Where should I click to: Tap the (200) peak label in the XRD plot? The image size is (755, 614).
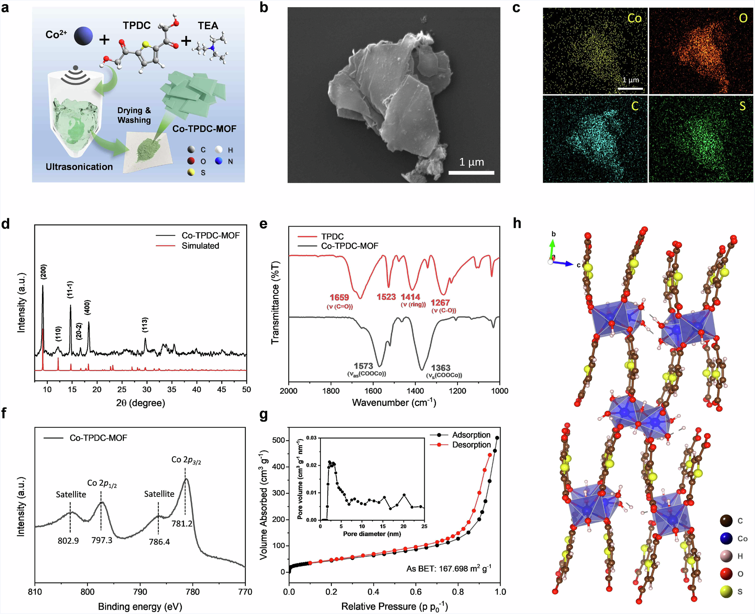pos(44,272)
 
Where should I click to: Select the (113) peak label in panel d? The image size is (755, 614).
pos(145,325)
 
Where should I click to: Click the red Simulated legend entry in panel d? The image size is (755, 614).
pos(200,246)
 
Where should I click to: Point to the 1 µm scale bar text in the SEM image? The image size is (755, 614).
pos(471,162)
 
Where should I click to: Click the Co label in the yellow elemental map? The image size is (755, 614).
pos(635,18)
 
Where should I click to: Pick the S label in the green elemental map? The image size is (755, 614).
pos(742,106)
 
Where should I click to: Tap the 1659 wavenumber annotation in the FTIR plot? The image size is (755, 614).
pos(339,298)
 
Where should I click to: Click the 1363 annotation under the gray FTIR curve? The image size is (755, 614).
pos(441,368)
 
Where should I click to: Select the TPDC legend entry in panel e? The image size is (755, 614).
pos(332,236)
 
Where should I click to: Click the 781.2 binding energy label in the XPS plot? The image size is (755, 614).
pos(182,523)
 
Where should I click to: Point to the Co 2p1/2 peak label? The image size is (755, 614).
pos(102,483)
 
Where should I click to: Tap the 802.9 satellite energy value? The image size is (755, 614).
pos(68,541)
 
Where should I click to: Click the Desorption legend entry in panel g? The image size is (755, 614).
pos(471,445)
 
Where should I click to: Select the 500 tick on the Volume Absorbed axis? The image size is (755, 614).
pos(279,440)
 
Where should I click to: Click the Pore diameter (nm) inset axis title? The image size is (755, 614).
pos(372,534)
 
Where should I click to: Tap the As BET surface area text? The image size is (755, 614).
pos(448,568)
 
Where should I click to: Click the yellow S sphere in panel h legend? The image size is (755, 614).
pos(726,592)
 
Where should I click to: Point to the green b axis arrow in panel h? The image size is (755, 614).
pos(552,248)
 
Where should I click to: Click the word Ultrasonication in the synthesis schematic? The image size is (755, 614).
pos(79,167)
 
